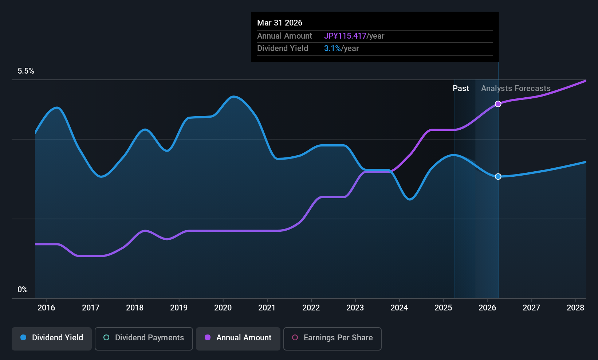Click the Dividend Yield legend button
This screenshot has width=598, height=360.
[x=51, y=339]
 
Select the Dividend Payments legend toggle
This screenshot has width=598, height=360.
[x=143, y=339]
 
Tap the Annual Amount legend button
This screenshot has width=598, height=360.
[x=238, y=339]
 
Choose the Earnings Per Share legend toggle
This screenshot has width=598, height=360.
[x=333, y=339]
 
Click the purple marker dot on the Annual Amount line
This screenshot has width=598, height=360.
[x=498, y=104]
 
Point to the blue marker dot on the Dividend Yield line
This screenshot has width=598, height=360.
[x=498, y=176]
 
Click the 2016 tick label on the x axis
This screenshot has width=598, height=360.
[x=47, y=308]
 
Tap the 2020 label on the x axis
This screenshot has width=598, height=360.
[x=223, y=308]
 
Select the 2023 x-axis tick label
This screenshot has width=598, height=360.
[x=355, y=308]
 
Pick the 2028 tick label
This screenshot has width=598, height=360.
[x=575, y=308]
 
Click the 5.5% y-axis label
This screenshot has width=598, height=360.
[x=26, y=71]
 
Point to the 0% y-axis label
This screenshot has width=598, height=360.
[x=23, y=290]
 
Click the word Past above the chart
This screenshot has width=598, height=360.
[x=461, y=89]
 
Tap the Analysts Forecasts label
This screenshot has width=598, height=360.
[x=516, y=89]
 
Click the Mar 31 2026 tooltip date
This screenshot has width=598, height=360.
[x=279, y=23]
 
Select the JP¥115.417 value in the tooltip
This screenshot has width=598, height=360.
[x=345, y=36]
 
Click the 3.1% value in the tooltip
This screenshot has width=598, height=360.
[x=333, y=48]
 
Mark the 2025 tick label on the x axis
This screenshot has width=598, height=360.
[x=444, y=308]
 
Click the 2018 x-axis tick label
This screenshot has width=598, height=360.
[x=135, y=308]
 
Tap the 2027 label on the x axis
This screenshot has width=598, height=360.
[x=531, y=308]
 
